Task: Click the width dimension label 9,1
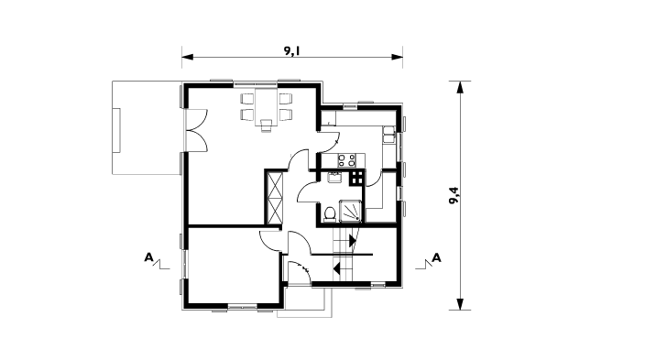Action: coord(291,50)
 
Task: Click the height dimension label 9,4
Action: coord(454,195)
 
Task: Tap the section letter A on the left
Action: coord(148,257)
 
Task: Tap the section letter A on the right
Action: coord(436,258)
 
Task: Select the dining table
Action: coord(266,106)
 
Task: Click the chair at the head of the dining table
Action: coord(266,125)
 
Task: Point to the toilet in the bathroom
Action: coord(329,214)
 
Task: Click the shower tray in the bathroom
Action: coord(350,211)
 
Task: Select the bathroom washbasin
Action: coord(333,178)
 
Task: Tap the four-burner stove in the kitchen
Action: coord(346,160)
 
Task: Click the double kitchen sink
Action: coord(389,135)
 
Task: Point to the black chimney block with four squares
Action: coord(356,178)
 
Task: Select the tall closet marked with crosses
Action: coord(275,198)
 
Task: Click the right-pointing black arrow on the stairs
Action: coord(353,240)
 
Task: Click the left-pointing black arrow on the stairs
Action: coord(337,268)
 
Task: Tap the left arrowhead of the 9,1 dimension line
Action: coord(187,57)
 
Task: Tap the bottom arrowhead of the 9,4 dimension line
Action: coord(460,304)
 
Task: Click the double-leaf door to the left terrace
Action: coord(197,130)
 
